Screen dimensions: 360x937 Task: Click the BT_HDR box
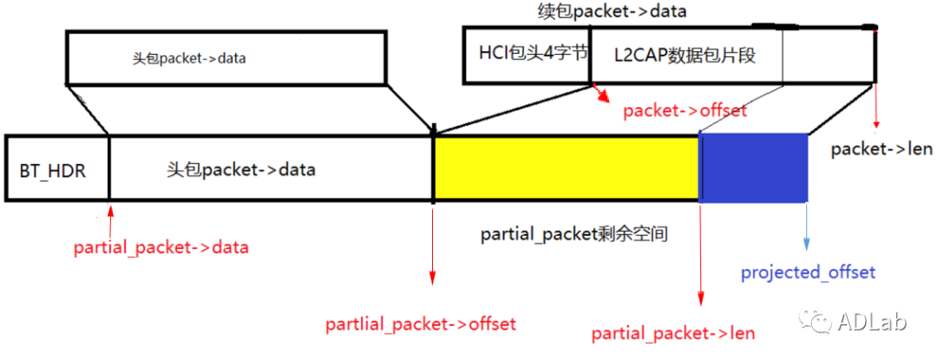coord(53,169)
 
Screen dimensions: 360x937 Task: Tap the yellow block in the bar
coord(566,167)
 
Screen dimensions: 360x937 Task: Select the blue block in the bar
coord(754,167)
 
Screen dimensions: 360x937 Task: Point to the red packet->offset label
coord(685,111)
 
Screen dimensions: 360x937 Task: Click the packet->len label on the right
coord(881,149)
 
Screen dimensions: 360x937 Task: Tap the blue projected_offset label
coord(808,272)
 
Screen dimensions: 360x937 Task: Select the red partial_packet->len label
coord(672,333)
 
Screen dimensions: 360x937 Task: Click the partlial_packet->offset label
coord(421,324)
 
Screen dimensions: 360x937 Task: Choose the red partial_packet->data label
coord(161,247)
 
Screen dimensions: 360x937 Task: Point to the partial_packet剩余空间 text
coord(573,234)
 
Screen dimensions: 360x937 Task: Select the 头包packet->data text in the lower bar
coord(240,169)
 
